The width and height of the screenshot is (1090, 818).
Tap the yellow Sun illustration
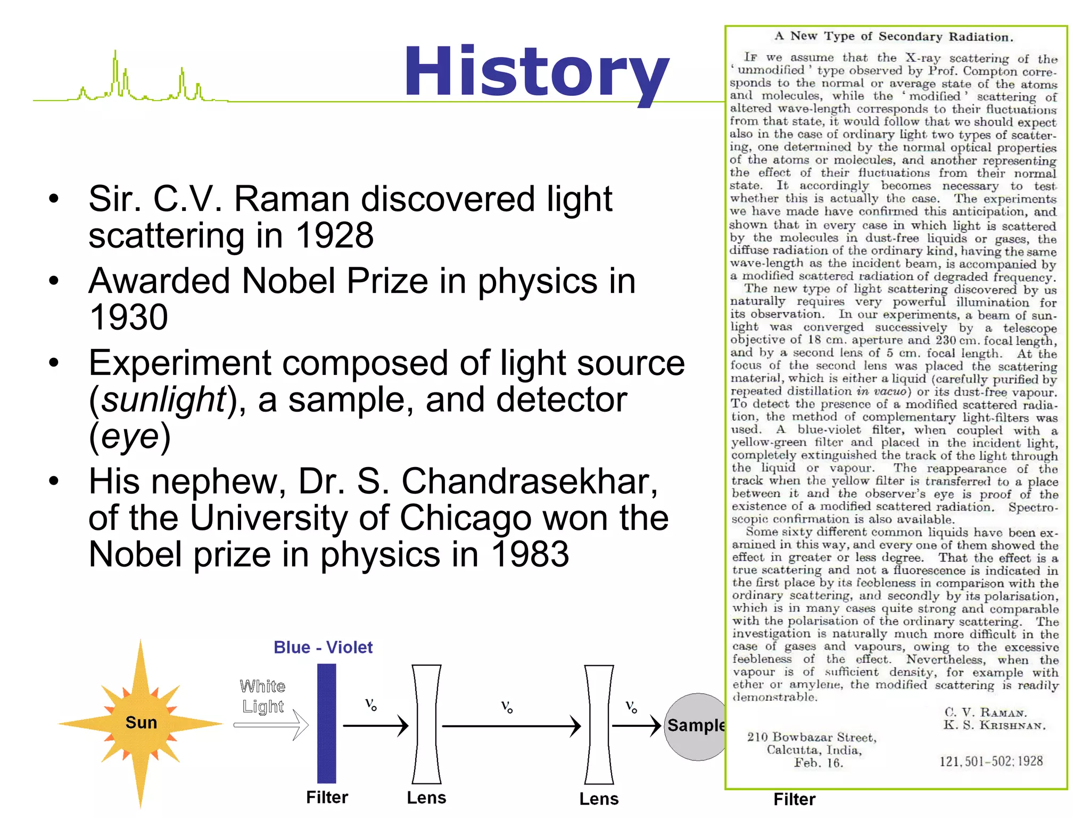[141, 723]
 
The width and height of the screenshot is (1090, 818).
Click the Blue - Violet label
[323, 647]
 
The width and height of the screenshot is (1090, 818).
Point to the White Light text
[262, 696]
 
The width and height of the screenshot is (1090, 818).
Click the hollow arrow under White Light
[271, 725]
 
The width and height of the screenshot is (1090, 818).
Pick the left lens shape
[426, 724]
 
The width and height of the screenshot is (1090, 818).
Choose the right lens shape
[599, 724]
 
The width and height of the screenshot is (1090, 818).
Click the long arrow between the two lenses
[511, 726]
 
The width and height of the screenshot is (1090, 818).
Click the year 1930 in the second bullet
[128, 317]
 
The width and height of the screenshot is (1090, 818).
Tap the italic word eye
[130, 436]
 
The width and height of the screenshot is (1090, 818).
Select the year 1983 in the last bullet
[530, 554]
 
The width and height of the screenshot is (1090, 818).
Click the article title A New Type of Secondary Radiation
[894, 36]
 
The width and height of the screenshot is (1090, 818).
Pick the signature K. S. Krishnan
[994, 725]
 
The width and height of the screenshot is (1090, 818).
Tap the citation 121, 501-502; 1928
[990, 761]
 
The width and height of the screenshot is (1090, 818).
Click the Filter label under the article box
[794, 799]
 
